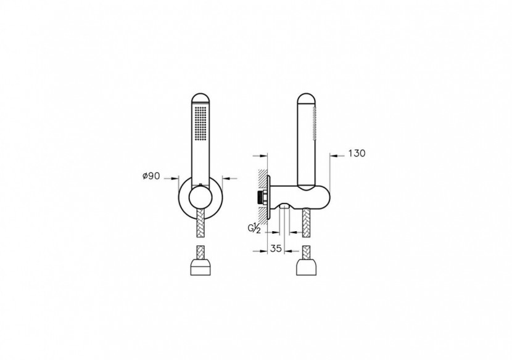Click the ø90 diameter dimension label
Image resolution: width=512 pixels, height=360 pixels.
[151, 176]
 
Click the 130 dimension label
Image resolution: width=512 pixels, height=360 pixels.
[357, 153]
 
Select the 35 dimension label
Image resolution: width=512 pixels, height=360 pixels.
[276, 248]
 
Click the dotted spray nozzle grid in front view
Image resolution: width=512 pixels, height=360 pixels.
[200, 123]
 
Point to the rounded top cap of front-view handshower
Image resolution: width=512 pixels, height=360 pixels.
[200, 99]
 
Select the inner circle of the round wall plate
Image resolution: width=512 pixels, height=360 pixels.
[200, 198]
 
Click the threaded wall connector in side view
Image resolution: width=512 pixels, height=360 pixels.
[263, 198]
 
